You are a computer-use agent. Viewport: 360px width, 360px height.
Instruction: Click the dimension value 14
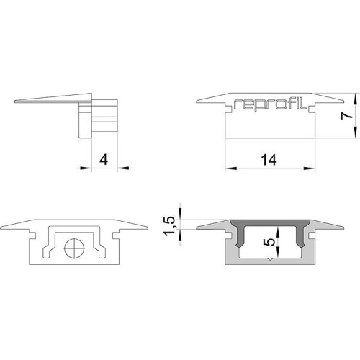(269, 160)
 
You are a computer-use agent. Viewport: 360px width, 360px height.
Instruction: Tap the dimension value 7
(347, 116)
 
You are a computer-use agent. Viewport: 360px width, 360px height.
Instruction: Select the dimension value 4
(104, 160)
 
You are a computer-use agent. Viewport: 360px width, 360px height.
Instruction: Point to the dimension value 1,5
(169, 225)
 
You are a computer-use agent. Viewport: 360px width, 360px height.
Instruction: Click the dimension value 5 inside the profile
(270, 242)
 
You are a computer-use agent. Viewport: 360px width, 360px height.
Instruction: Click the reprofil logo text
(270, 104)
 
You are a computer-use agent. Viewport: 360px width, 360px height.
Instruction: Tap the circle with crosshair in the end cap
(74, 248)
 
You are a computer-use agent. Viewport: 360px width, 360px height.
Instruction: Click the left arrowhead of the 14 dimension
(231, 168)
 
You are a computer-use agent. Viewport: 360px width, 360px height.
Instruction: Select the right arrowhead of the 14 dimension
(309, 168)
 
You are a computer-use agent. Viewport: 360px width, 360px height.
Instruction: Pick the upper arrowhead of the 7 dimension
(355, 99)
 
